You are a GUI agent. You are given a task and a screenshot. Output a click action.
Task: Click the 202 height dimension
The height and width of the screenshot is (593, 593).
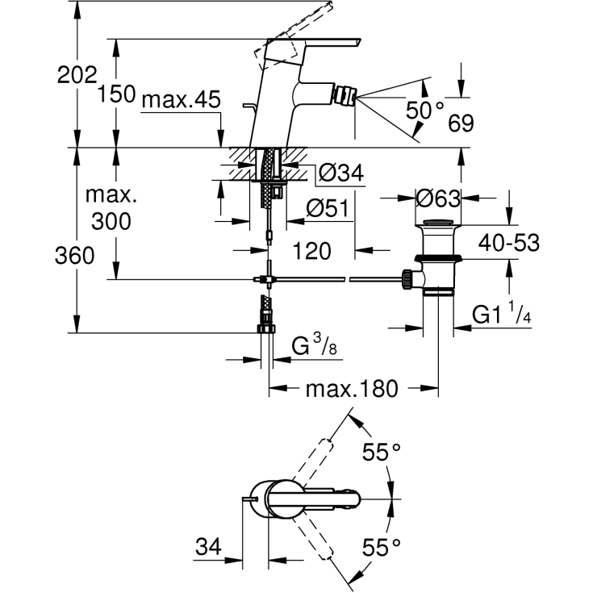[77, 75]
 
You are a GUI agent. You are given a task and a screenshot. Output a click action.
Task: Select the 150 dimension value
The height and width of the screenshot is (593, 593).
[116, 94]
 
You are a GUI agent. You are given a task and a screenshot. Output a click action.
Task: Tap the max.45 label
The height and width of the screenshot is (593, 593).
[182, 100]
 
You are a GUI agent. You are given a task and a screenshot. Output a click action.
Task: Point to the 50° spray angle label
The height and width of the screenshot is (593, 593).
[425, 110]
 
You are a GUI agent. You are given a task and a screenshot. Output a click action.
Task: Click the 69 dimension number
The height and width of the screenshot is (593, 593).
[461, 123]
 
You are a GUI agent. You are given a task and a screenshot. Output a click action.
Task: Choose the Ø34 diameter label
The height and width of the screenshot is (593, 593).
[341, 173]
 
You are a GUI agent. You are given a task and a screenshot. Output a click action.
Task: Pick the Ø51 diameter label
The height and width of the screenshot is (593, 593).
[328, 208]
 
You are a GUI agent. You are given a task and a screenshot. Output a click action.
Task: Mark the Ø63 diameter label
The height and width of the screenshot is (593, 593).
[438, 198]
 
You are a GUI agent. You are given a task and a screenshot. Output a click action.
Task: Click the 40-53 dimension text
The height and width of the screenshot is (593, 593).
[508, 242]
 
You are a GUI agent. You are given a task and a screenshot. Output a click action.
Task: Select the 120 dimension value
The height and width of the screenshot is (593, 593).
[312, 251]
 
